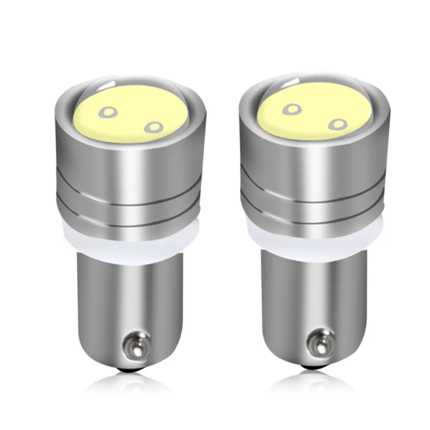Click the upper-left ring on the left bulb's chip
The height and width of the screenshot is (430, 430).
(x=107, y=113)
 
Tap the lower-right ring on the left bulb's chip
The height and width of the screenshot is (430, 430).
(x=154, y=127)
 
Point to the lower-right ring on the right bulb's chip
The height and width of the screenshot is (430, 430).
(x=338, y=124)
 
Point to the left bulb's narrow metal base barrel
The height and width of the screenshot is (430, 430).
(x=129, y=297)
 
